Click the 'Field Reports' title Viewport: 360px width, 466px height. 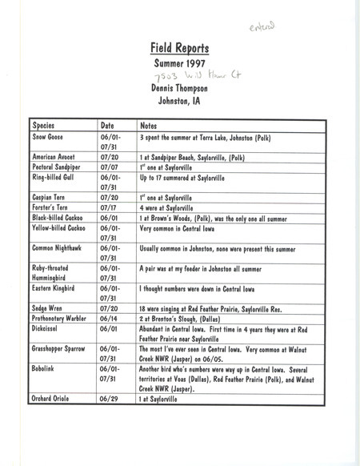point(181,47)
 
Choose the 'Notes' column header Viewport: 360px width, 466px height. point(149,126)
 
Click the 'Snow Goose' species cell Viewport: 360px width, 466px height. point(50,138)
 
